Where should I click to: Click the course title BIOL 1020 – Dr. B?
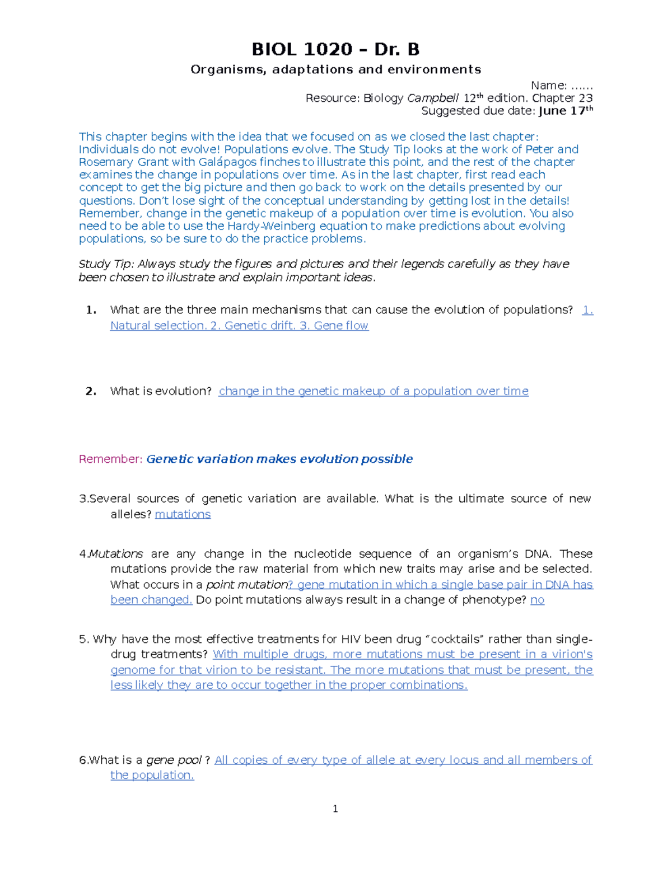(x=335, y=50)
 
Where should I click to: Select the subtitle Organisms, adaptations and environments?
(x=335, y=69)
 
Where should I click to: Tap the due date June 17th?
(x=565, y=111)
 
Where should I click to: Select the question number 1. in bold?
(x=91, y=310)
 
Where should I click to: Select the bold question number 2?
(x=91, y=391)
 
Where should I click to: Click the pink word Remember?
(x=111, y=459)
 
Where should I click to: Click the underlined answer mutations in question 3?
(x=183, y=514)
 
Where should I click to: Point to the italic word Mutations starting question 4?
(x=116, y=554)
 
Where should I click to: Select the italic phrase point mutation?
(x=246, y=585)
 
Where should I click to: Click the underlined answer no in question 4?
(x=537, y=600)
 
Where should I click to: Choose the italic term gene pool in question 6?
(x=174, y=760)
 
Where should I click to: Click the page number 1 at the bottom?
(x=335, y=809)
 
